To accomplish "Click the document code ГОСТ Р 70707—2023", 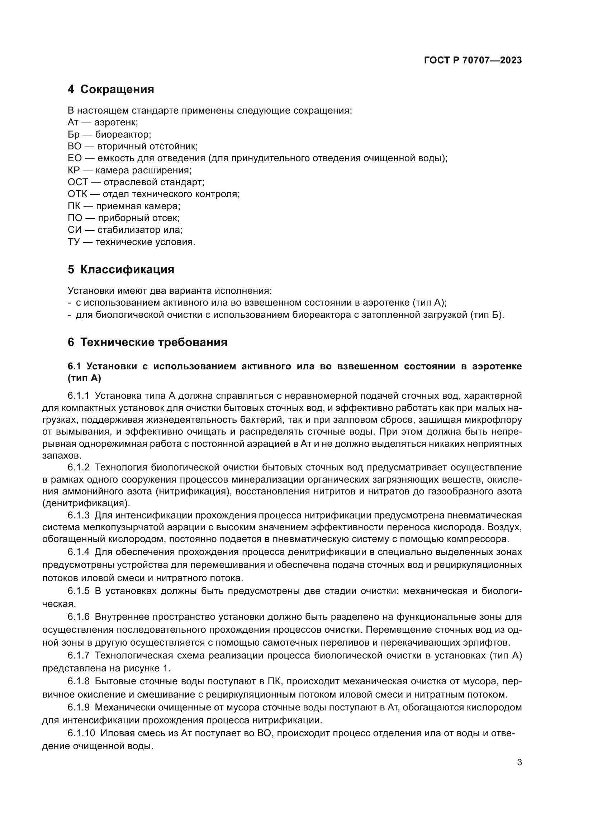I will [x=473, y=61].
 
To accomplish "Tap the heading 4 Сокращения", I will [x=111, y=90].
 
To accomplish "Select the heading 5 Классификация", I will [x=121, y=270].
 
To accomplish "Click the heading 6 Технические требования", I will [x=147, y=343].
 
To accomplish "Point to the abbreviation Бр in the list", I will [x=73, y=134].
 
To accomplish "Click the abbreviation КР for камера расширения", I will [x=74, y=170].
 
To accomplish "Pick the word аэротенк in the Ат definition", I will [x=116, y=122].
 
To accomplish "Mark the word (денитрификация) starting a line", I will [x=86, y=503].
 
